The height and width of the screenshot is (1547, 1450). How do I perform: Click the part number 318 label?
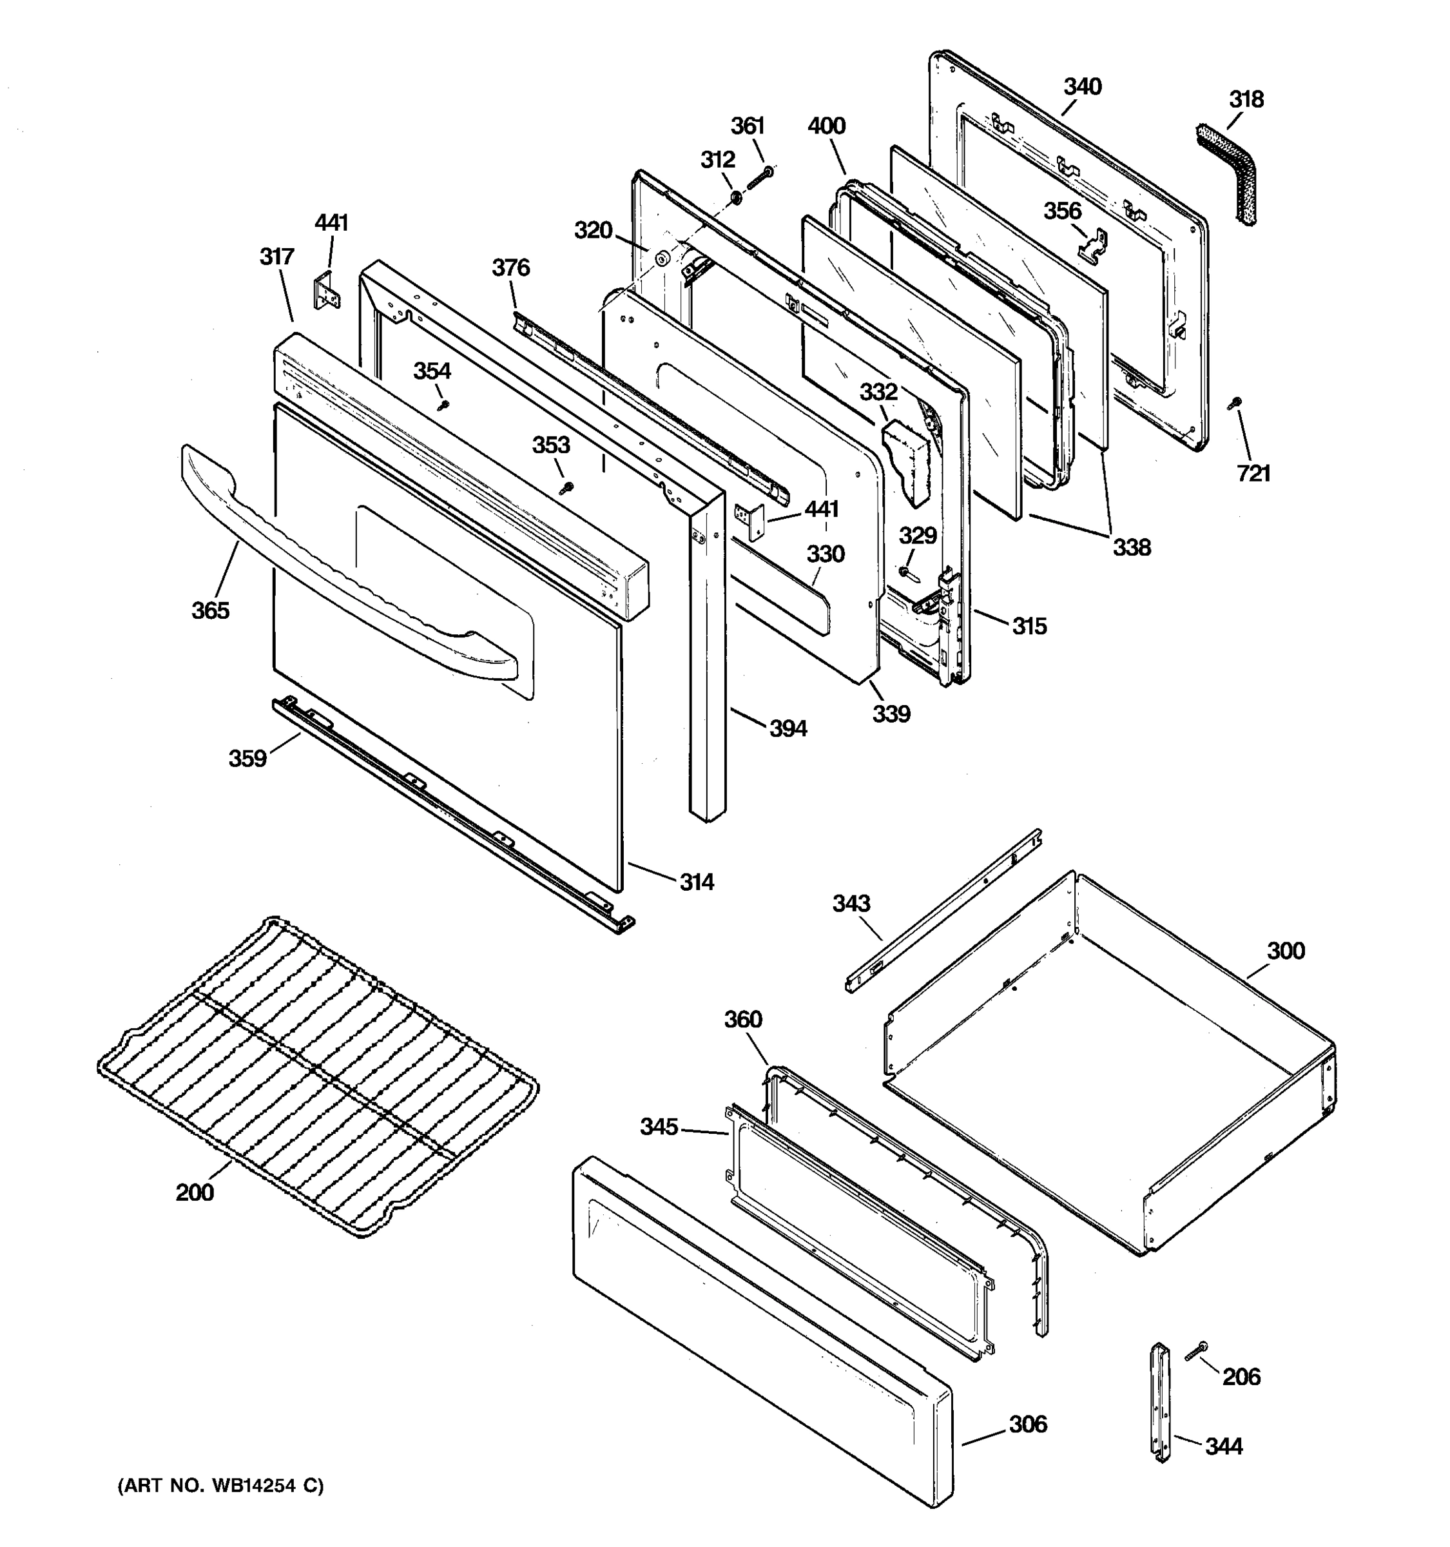1246,100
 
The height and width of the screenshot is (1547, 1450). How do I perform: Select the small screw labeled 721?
1235,403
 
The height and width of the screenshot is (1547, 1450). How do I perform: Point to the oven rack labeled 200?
319,1074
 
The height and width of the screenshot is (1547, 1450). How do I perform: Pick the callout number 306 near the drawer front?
1028,1424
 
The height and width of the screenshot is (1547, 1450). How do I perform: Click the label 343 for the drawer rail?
851,904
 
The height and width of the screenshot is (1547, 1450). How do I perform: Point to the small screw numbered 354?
443,405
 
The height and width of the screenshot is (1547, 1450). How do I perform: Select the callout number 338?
1131,548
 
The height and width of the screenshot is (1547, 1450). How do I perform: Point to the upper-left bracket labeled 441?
327,292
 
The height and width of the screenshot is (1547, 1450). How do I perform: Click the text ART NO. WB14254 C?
220,1486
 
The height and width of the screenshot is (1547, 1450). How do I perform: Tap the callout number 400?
826,126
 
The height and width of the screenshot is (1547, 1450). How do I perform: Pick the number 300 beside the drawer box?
1286,951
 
